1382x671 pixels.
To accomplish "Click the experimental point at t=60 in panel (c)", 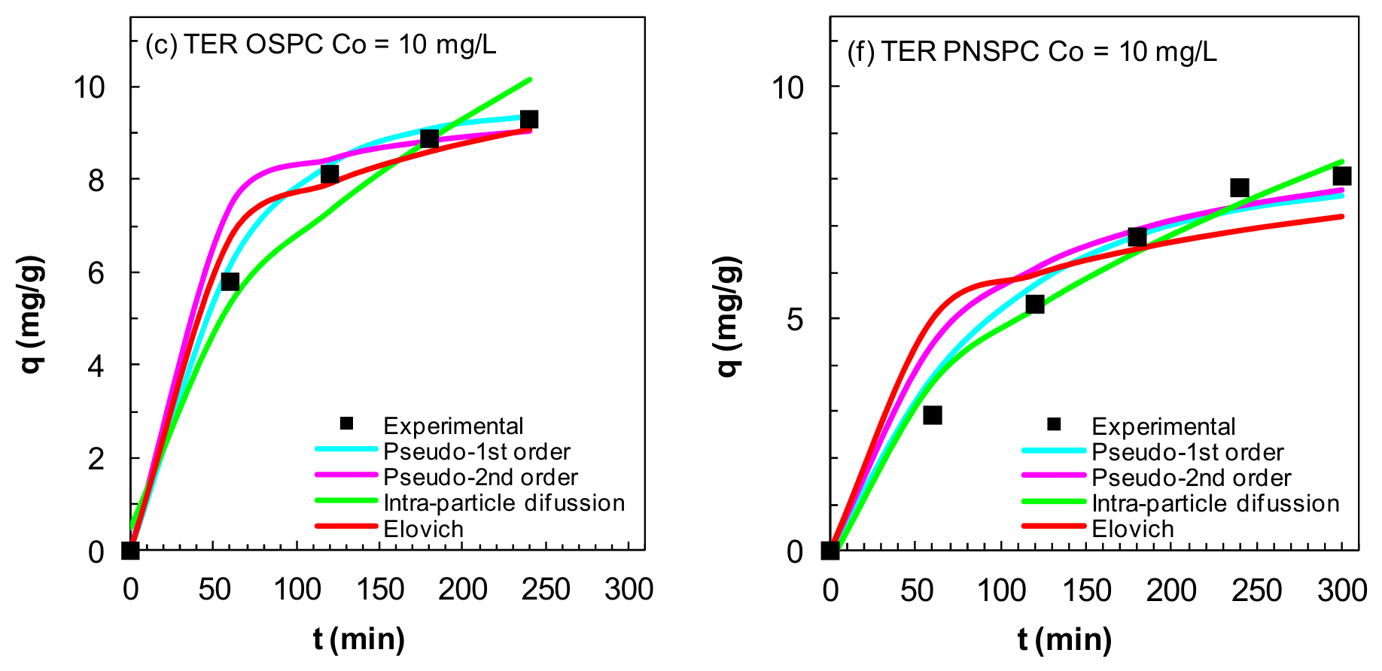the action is point(230,281).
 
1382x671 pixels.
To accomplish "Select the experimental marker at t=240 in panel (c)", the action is point(528,119).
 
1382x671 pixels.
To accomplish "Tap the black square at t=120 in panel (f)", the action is point(1034,304).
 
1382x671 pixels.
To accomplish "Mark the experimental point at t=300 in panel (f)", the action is point(1341,176).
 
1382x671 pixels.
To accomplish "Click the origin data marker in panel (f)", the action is point(830,551).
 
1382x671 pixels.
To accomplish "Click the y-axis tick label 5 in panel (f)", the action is point(796,320).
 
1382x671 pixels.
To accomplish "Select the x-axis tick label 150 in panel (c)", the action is point(380,589).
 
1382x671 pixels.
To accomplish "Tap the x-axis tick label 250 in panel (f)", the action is point(1256,590).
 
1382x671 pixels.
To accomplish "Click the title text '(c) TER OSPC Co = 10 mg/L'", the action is point(321,45).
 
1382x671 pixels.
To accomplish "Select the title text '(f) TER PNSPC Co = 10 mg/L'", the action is point(1033,52).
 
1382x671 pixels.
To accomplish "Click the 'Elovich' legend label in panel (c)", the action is point(423,529).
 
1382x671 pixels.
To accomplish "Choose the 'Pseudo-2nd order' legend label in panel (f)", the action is point(1192,478).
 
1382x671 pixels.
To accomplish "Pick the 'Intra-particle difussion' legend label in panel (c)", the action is point(504,502).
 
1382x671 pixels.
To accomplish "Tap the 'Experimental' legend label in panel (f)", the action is point(1164,427).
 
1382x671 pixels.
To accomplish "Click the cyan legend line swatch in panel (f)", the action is point(1054,451).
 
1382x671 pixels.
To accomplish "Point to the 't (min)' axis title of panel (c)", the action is point(359,639).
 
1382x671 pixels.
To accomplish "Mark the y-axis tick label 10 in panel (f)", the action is point(787,87).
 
